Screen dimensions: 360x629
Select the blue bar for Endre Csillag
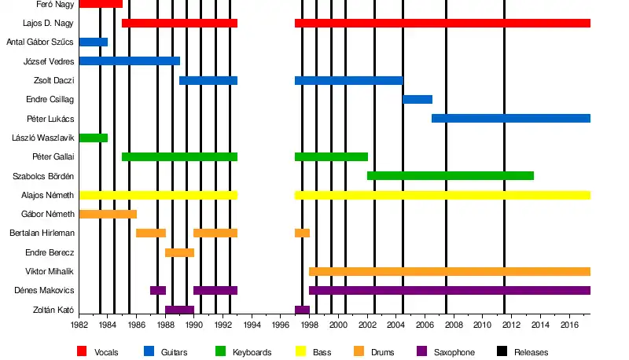pyautogui.click(x=417, y=99)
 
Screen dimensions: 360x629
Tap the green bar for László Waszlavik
pyautogui.click(x=94, y=138)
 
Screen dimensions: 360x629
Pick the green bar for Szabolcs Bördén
pyautogui.click(x=451, y=175)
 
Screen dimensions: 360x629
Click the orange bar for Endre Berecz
pyautogui.click(x=179, y=252)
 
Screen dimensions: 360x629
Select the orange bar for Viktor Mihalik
pyautogui.click(x=450, y=271)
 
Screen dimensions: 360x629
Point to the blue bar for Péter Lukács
pyautogui.click(x=511, y=118)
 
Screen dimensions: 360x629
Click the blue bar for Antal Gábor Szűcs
pyautogui.click(x=94, y=42)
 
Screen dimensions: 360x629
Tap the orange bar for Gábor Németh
pyautogui.click(x=108, y=214)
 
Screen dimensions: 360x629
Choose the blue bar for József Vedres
pyautogui.click(x=130, y=61)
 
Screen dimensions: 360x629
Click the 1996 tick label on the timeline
pyautogui.click(x=281, y=324)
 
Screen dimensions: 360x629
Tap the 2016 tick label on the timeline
pyautogui.click(x=568, y=324)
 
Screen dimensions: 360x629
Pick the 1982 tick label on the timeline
pyautogui.click(x=79, y=324)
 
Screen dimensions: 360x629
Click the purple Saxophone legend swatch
pyautogui.click(x=421, y=351)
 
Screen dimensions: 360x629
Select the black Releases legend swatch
pyautogui.click(x=501, y=351)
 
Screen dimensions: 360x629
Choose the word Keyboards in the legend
pyautogui.click(x=252, y=352)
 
